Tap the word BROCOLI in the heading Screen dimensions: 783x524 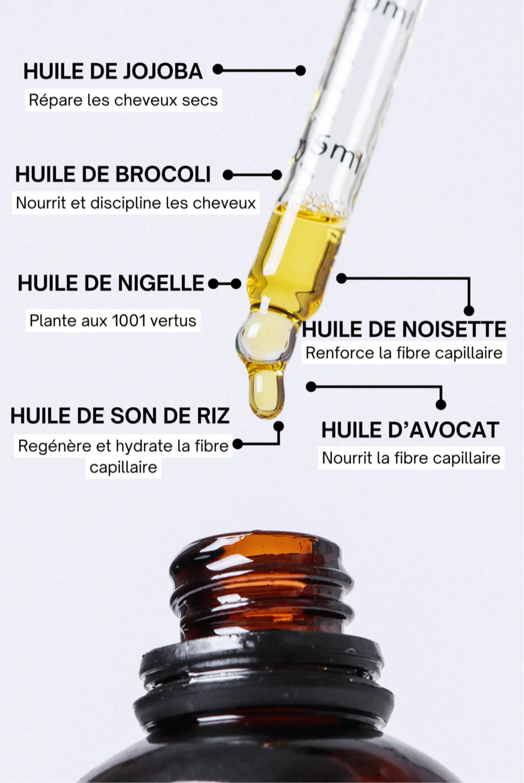click(163, 174)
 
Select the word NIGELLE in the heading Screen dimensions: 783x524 click(160, 284)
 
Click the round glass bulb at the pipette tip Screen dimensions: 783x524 click(262, 335)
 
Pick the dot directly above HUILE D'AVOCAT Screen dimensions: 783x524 click(440, 404)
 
